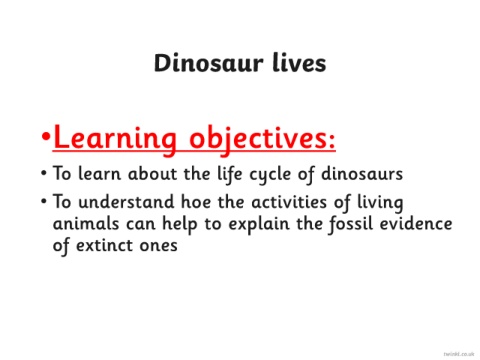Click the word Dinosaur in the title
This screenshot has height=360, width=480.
coord(208,63)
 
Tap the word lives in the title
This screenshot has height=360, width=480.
coord(299,63)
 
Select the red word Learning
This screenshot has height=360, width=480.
coord(114,138)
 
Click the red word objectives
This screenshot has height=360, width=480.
coord(257,138)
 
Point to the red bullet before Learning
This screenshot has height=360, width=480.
coord(46,136)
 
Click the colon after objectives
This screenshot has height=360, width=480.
coord(331,142)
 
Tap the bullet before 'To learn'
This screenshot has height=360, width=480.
coord(44,173)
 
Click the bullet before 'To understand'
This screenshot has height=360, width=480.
coord(44,201)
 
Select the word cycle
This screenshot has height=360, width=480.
coord(270,175)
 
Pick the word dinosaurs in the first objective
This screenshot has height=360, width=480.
coord(362,173)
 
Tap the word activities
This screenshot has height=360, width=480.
coord(289,202)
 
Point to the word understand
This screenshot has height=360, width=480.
coord(126,202)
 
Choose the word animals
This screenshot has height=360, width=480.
coord(86,223)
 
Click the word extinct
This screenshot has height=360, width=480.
coord(104,245)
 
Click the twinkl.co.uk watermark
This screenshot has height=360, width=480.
coord(459,354)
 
